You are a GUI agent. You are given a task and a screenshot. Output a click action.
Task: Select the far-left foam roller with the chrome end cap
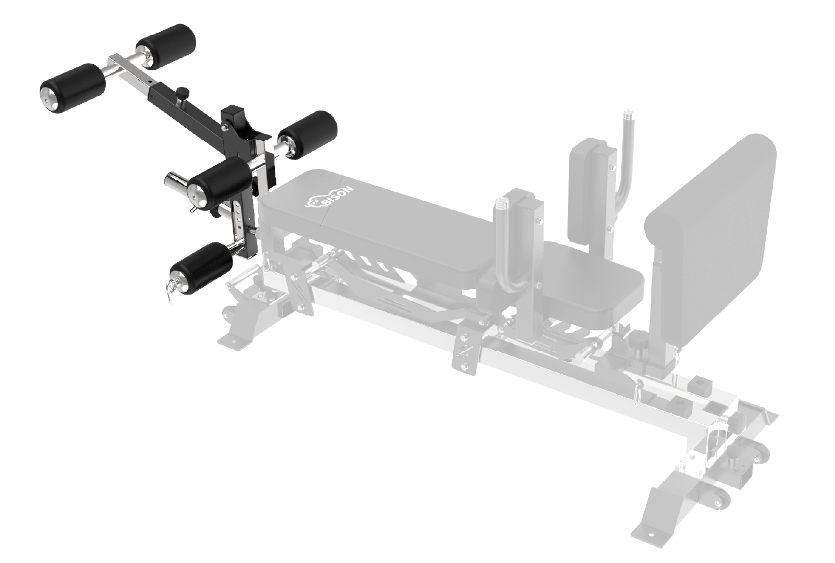pos(72,88)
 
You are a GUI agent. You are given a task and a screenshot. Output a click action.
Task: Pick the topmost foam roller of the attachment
pos(166,46)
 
